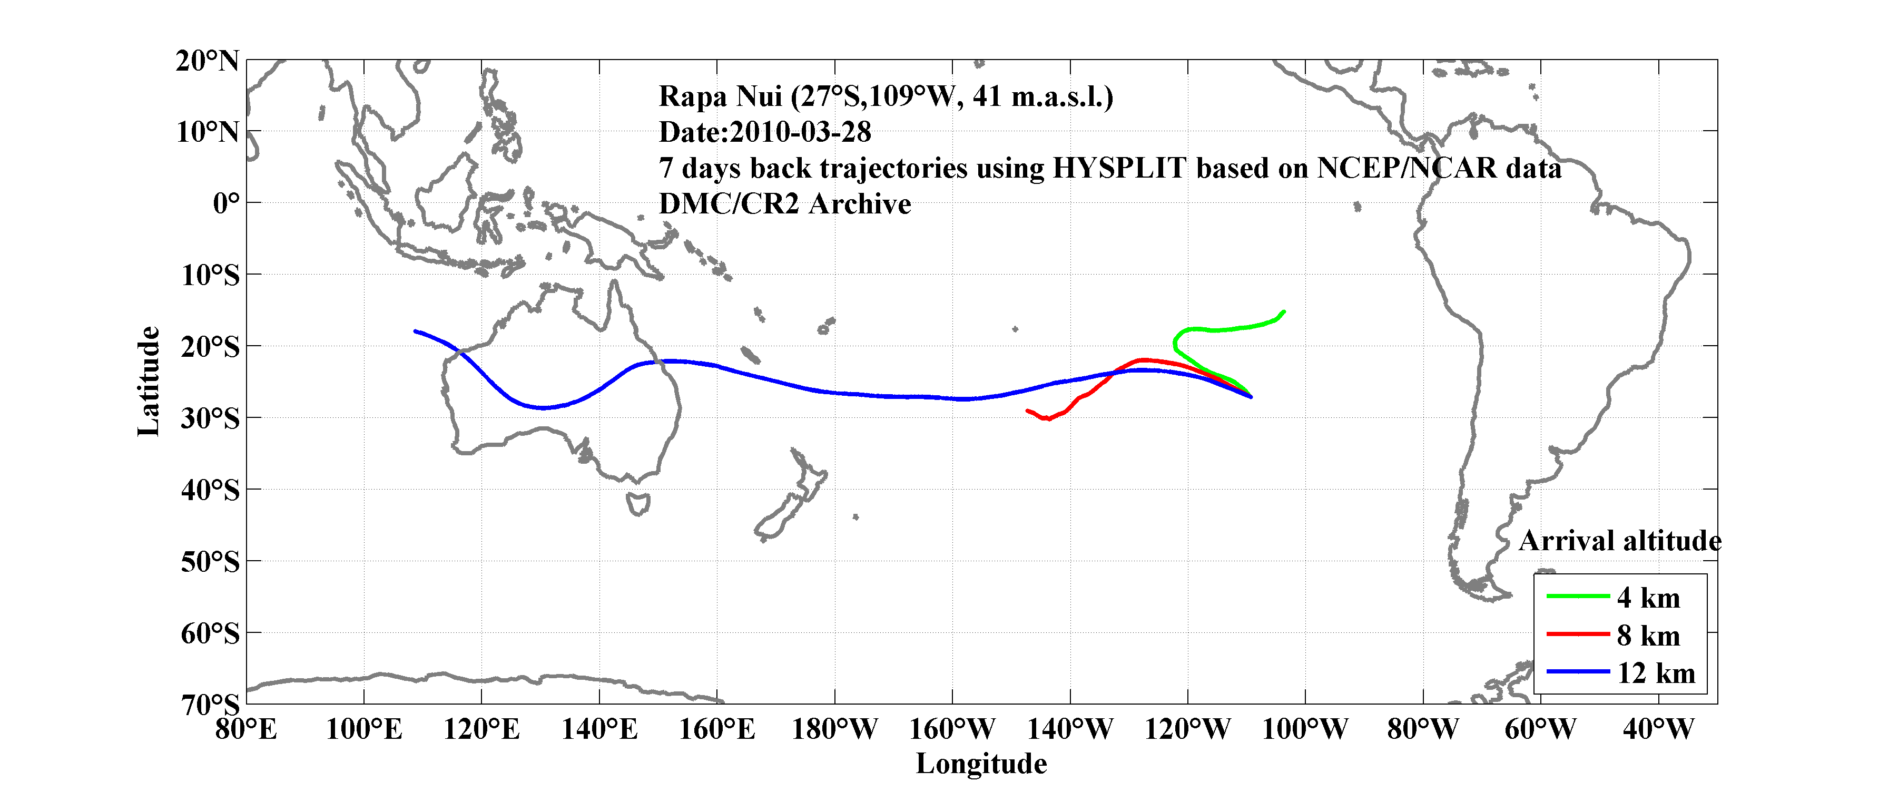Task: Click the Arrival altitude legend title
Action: tap(1619, 541)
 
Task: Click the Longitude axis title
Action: tap(981, 764)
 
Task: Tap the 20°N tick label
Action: tap(207, 61)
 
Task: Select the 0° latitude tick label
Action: tap(225, 203)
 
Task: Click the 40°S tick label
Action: tap(210, 490)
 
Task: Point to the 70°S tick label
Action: tap(210, 705)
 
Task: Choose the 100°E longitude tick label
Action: tap(364, 730)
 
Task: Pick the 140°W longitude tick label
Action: tap(1070, 730)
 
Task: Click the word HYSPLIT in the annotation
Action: tap(1119, 168)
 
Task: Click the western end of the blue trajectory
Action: tap(416, 331)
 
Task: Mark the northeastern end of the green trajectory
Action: tap(1284, 312)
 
